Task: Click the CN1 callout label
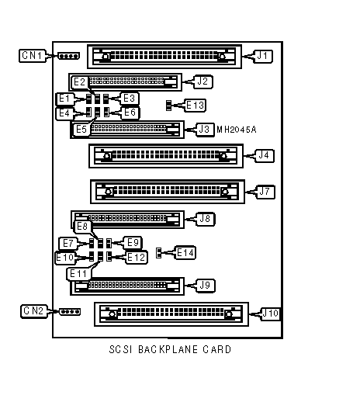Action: tap(33, 56)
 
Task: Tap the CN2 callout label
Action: tap(34, 311)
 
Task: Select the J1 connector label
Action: tap(262, 56)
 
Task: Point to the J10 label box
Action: tap(271, 314)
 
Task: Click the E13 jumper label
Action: tap(196, 106)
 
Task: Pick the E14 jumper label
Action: tap(185, 253)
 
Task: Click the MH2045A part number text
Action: tap(237, 130)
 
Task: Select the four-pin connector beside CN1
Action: tap(68, 56)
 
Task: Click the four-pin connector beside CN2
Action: tap(70, 312)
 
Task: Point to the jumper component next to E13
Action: tap(168, 106)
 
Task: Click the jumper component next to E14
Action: tap(158, 253)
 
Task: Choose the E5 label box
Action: tap(81, 130)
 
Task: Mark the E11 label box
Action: tap(78, 274)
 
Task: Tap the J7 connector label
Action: tap(265, 192)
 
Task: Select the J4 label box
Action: tap(264, 155)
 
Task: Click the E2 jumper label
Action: tap(79, 82)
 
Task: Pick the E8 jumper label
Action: tap(82, 227)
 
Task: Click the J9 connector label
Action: tap(205, 286)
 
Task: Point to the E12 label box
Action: tap(137, 258)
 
